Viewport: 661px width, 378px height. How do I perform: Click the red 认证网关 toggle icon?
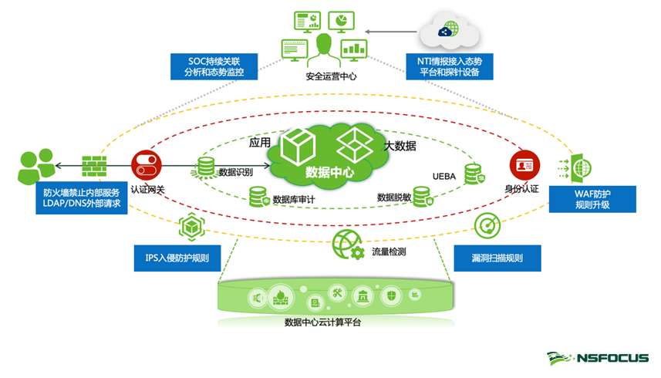pos(144,165)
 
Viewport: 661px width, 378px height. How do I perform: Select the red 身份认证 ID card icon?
pos(524,165)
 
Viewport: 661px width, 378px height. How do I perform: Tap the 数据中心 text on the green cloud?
pos(329,172)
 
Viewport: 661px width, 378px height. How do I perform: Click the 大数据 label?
pos(400,146)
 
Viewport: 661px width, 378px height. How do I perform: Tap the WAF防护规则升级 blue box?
pos(592,198)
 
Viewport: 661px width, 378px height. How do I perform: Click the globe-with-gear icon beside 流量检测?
pos(347,245)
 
